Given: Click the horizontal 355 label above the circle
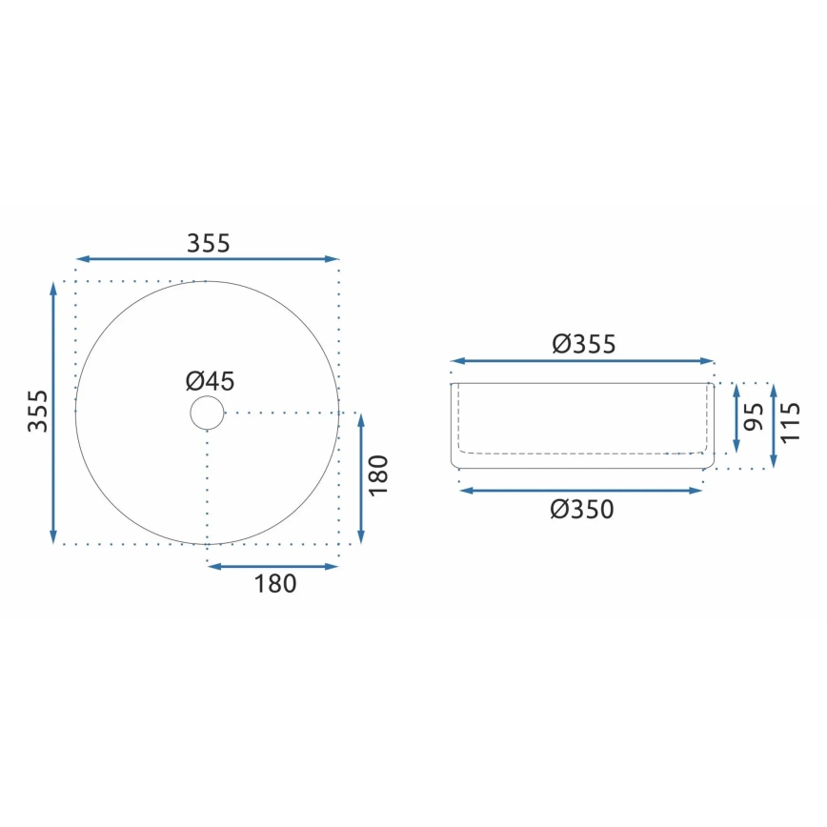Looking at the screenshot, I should (x=208, y=243).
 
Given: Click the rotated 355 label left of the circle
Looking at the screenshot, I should (x=37, y=411).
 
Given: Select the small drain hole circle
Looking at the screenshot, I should (x=207, y=413).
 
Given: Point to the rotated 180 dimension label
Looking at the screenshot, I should (x=378, y=474).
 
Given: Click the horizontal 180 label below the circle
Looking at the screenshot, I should (x=275, y=583).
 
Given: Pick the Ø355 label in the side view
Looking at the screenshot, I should (x=584, y=344).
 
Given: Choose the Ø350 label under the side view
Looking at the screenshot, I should (x=582, y=509).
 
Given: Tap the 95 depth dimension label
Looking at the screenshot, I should (x=755, y=416).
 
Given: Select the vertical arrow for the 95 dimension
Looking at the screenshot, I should (x=736, y=417).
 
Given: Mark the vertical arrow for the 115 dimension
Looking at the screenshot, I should (x=774, y=426).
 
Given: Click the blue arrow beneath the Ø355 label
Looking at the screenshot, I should (x=582, y=361).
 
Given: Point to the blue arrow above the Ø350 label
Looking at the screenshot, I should (x=581, y=490).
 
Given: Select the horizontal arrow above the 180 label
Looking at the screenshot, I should (x=273, y=566).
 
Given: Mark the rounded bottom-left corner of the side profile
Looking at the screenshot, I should (x=454, y=464).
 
